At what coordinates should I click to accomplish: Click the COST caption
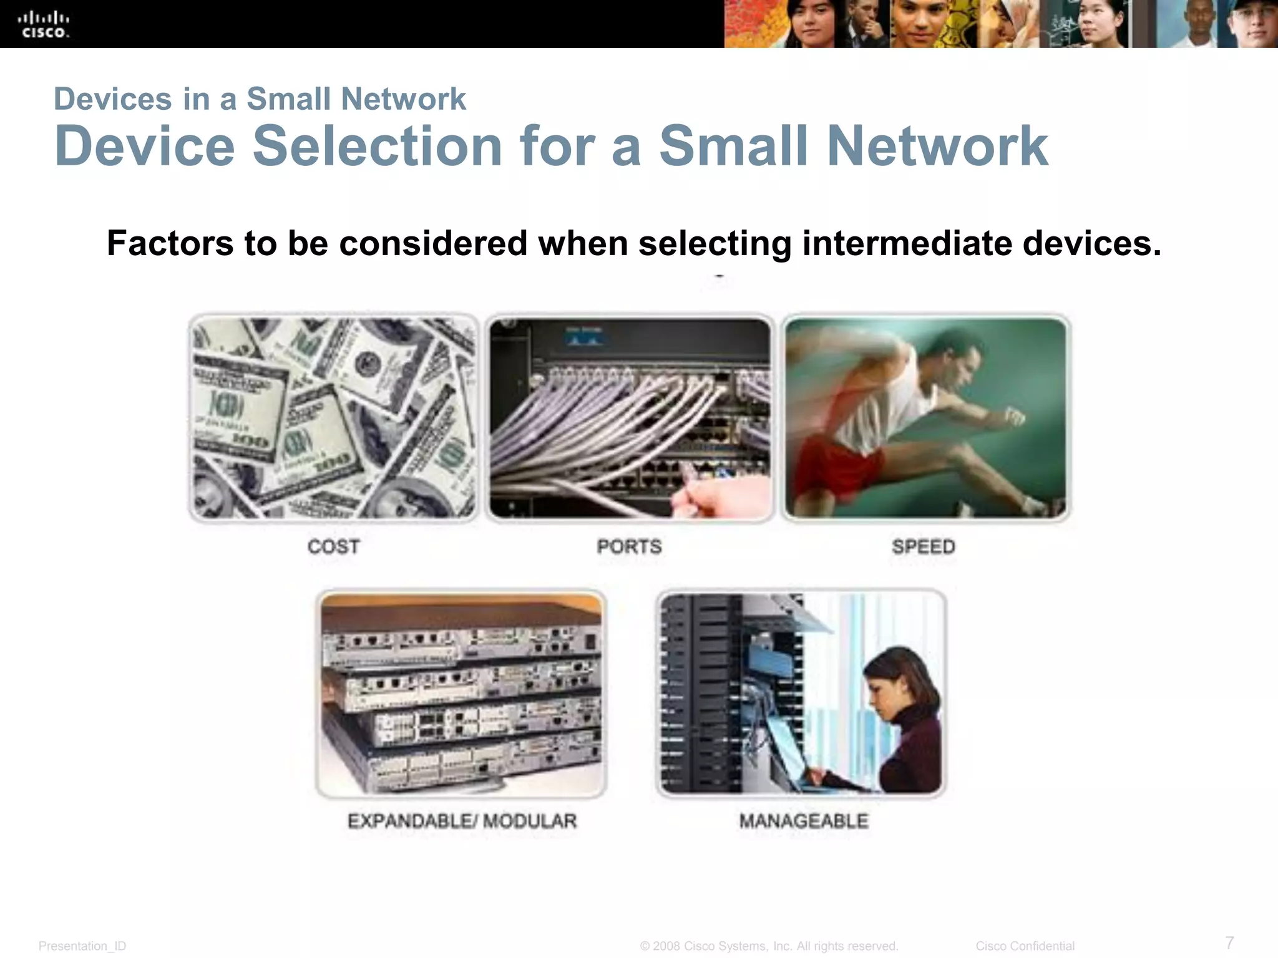333,547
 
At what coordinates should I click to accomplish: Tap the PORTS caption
629,547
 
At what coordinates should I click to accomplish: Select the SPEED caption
924,547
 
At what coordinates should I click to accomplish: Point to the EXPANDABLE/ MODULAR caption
462,821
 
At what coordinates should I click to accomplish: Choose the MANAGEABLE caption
804,821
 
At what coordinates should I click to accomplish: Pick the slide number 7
1229,942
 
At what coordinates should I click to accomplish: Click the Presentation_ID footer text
82,946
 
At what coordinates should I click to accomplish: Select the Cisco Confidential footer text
1025,946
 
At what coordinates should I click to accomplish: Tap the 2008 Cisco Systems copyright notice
769,946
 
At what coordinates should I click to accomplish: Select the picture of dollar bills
333,418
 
